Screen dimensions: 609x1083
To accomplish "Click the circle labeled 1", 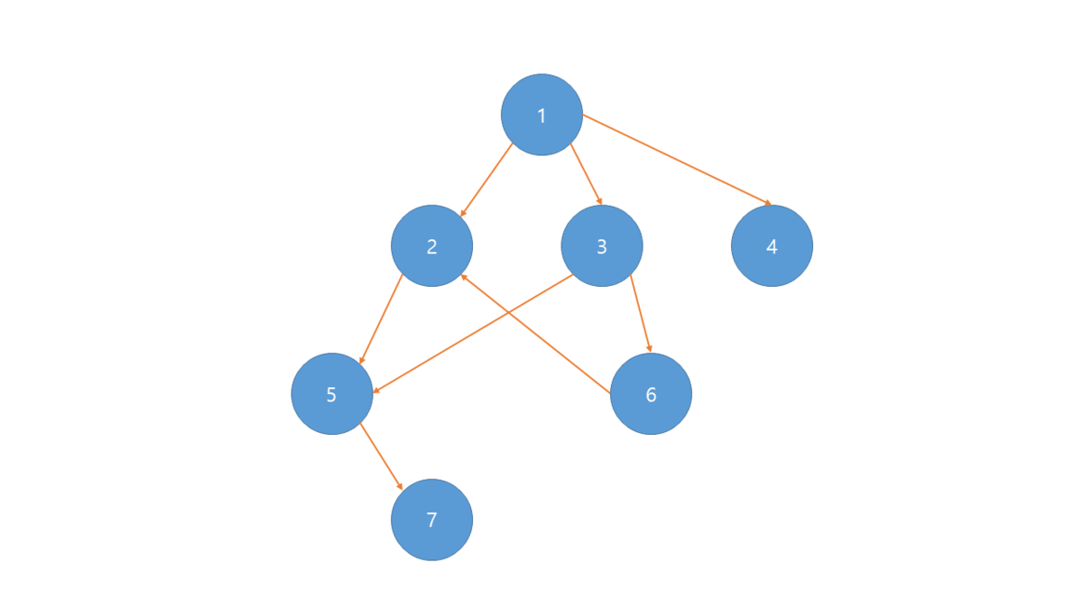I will [x=541, y=115].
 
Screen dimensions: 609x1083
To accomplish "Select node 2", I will [x=431, y=245].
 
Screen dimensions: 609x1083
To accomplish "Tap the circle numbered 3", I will [x=602, y=245].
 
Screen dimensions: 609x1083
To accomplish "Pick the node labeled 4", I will [x=772, y=245].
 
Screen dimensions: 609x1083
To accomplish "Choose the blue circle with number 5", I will [x=331, y=394].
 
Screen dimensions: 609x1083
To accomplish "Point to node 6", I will [x=651, y=394].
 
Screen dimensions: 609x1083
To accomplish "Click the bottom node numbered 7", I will [x=431, y=520].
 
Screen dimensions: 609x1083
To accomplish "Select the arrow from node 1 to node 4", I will [x=677, y=160].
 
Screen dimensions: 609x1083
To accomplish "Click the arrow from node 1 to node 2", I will [x=486, y=180].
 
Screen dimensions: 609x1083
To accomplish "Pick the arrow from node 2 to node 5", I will [x=381, y=318].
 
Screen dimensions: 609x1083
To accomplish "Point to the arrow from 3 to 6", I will [x=640, y=312].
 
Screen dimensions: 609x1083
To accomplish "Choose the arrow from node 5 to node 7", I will [x=381, y=456].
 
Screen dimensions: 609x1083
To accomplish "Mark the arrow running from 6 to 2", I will [x=536, y=334].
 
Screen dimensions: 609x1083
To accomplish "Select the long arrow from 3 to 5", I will [x=474, y=333].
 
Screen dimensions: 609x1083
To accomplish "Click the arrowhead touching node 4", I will [x=768, y=204].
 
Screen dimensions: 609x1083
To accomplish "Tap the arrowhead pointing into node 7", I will [x=401, y=486].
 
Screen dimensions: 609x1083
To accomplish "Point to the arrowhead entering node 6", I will [x=649, y=348].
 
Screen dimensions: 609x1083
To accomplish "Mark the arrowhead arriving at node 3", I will [x=600, y=202].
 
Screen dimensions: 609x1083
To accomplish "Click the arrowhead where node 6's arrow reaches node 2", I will [x=464, y=277].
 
